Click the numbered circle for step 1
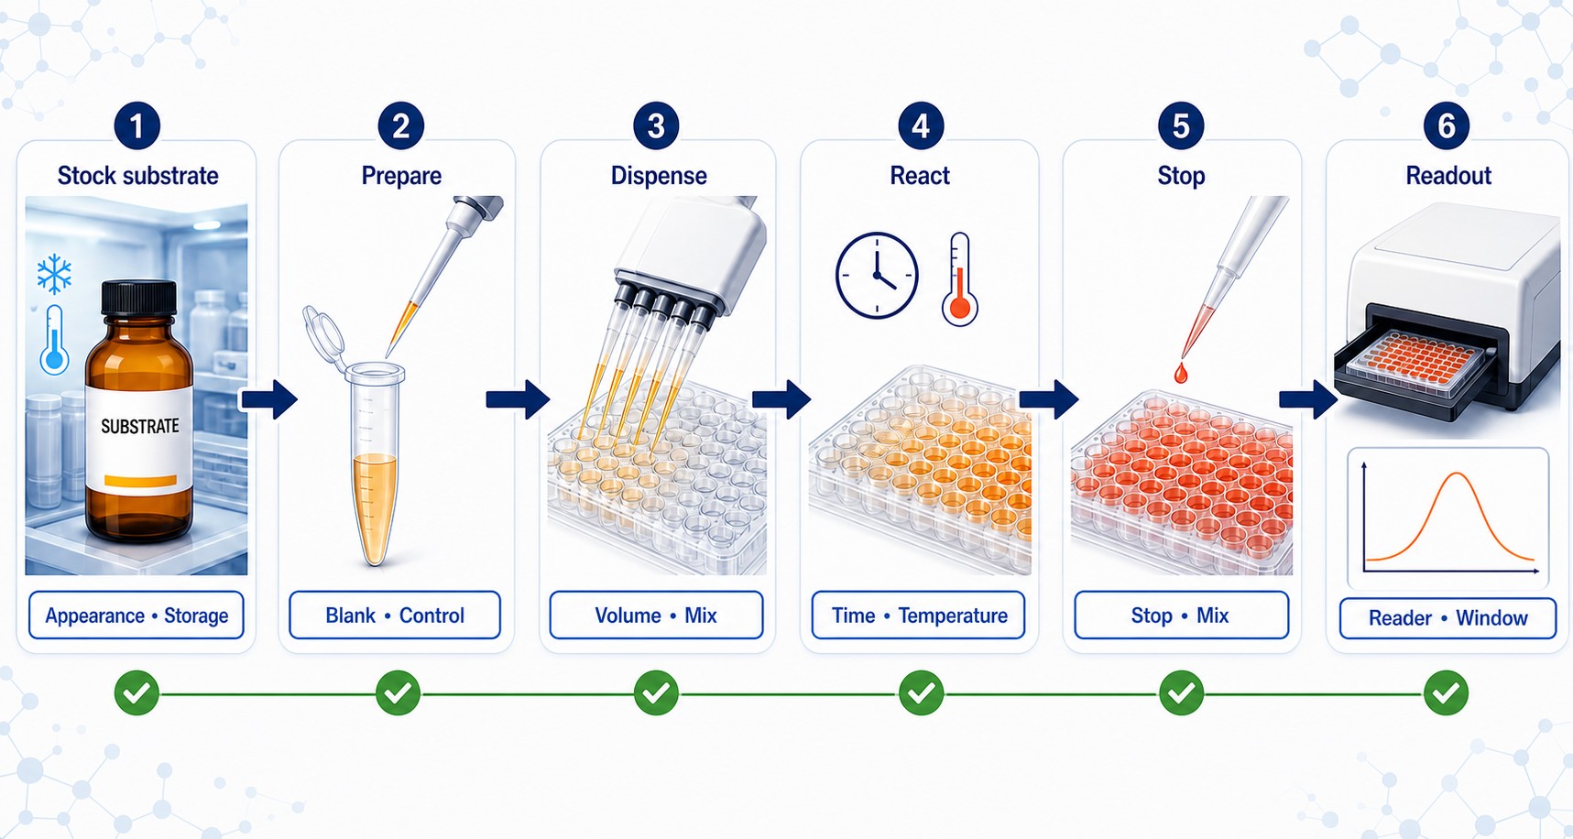point(137,126)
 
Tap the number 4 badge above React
point(921,126)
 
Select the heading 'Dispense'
point(659,176)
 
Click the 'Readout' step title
point(1448,176)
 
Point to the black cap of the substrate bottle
point(138,297)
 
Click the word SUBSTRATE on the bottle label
point(140,426)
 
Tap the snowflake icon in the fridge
point(55,274)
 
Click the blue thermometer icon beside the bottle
point(54,339)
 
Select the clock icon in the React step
point(877,275)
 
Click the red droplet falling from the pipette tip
point(1180,372)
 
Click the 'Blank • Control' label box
point(395,615)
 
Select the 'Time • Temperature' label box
point(919,615)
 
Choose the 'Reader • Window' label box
point(1447,618)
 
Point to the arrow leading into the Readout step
point(1308,398)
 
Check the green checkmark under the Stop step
point(1182,693)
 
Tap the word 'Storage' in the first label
point(196,616)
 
